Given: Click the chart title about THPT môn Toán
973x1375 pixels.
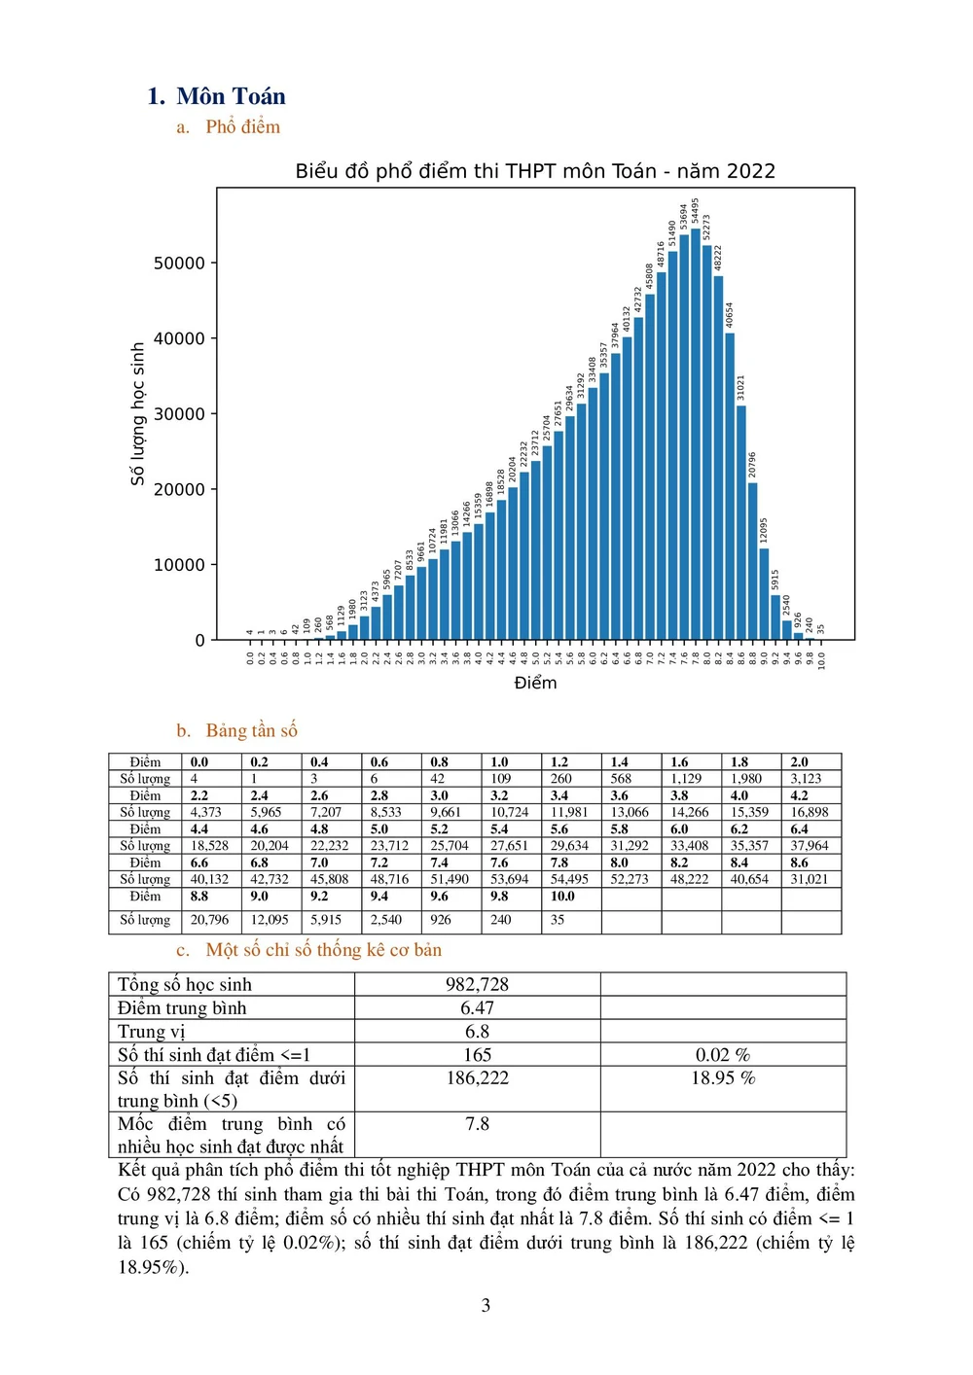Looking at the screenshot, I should (x=535, y=171).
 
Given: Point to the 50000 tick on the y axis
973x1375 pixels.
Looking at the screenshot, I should (x=180, y=264).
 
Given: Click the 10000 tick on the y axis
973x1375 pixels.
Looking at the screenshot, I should (x=180, y=565).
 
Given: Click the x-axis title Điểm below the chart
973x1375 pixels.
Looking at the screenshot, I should (x=535, y=683).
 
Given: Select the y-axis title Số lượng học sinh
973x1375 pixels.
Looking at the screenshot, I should (x=138, y=413).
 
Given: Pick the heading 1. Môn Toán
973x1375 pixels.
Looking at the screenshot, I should (x=217, y=96).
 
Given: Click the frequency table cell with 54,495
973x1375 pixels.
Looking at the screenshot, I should (x=569, y=879).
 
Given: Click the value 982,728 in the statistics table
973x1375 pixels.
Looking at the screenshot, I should (x=477, y=984).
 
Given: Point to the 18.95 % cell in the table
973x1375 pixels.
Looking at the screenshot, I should (x=723, y=1077).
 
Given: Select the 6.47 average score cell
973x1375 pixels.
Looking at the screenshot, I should (x=477, y=1008).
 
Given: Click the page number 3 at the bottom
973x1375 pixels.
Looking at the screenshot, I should (x=486, y=1305).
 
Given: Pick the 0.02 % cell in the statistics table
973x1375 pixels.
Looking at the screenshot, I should (x=723, y=1055).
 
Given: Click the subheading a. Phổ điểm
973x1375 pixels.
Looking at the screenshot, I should (x=229, y=127).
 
